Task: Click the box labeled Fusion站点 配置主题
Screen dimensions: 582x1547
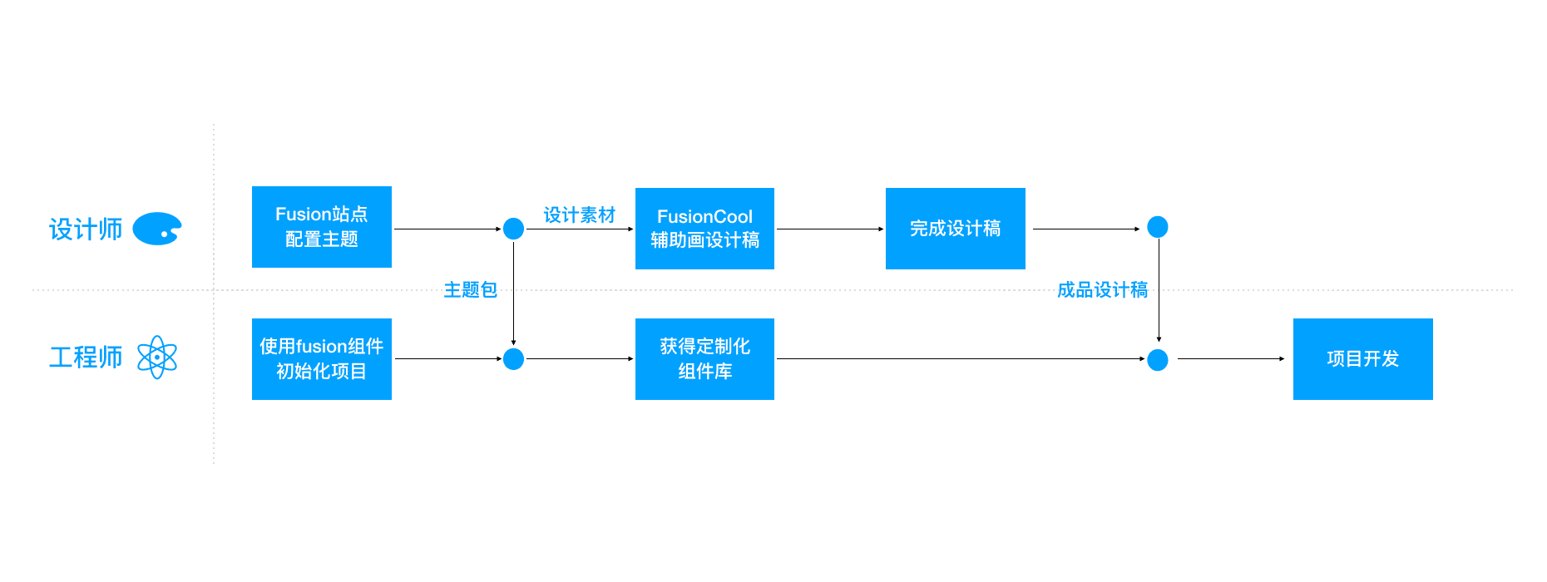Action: (x=321, y=227)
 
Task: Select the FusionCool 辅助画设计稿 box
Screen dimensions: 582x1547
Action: (x=704, y=229)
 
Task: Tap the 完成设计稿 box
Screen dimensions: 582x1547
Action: (x=955, y=229)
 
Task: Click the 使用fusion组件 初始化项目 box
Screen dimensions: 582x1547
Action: (x=321, y=359)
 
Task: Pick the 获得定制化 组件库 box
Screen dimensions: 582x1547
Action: (x=704, y=359)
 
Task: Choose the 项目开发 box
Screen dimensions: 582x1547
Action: (x=1362, y=359)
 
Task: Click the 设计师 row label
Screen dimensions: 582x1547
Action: (x=86, y=229)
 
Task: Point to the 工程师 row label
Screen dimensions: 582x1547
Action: (x=86, y=358)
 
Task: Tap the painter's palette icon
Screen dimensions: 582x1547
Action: (x=157, y=229)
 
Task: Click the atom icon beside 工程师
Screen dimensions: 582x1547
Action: (x=157, y=358)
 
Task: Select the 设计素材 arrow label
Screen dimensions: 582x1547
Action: (x=579, y=215)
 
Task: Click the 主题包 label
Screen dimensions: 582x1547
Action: (x=470, y=289)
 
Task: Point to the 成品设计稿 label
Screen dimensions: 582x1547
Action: (x=1102, y=289)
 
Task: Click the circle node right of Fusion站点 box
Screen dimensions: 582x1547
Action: (x=514, y=229)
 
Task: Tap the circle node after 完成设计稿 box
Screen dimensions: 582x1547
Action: (x=1158, y=227)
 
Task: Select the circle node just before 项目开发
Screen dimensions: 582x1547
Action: (x=1158, y=360)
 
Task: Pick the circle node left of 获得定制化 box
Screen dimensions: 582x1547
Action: (x=514, y=359)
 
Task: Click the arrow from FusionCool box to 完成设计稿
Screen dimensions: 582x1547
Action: (x=829, y=229)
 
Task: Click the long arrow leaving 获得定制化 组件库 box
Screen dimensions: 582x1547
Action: (x=956, y=359)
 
